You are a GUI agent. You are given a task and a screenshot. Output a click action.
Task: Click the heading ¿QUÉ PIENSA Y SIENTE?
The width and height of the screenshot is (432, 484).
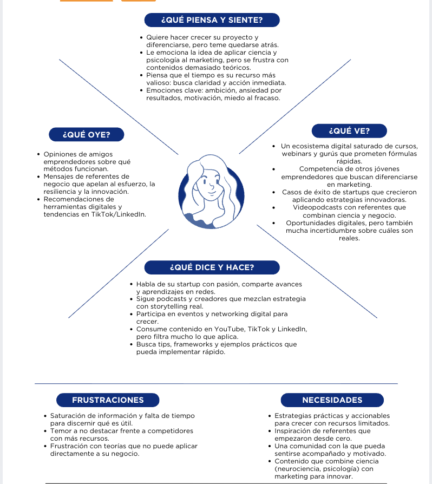[212, 21]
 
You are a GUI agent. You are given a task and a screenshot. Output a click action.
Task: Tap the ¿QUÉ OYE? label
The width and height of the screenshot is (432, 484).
[86, 134]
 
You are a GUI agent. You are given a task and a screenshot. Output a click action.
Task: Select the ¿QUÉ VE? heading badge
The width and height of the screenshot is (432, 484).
[349, 131]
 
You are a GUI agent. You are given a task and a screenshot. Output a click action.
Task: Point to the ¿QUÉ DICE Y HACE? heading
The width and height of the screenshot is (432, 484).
[212, 267]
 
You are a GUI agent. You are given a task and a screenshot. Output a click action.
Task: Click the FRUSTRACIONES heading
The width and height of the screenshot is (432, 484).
[108, 400]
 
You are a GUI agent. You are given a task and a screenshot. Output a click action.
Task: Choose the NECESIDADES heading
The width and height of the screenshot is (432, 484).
[332, 400]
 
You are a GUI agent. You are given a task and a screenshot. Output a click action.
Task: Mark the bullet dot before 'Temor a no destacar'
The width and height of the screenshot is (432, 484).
[45, 431]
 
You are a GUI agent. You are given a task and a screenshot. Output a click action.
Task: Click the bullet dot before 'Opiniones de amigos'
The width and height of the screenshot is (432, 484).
[38, 155]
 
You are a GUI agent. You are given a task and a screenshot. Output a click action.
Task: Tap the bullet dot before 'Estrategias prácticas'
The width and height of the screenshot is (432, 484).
[269, 416]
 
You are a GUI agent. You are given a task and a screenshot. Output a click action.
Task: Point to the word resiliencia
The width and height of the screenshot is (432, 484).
[61, 192]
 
